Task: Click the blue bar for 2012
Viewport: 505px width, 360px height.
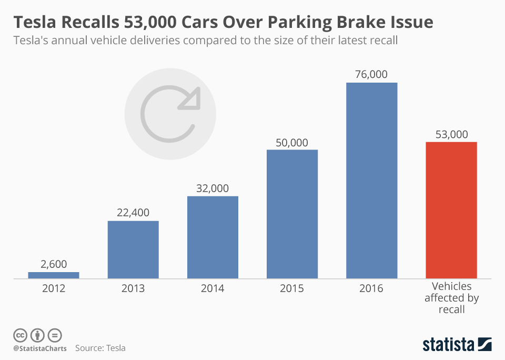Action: [x=54, y=275]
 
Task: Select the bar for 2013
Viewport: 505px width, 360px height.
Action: [x=133, y=249]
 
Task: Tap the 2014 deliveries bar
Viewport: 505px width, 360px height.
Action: [x=213, y=237]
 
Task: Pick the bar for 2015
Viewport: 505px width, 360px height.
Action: [x=292, y=214]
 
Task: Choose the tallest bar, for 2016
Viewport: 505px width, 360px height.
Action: [x=371, y=181]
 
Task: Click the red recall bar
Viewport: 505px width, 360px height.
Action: [x=451, y=210]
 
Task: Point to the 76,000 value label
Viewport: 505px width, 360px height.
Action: [x=371, y=74]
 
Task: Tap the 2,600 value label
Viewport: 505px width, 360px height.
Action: [x=54, y=264]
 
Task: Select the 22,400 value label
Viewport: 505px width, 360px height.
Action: [x=133, y=213]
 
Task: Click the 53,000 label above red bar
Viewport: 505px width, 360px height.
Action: [x=451, y=134]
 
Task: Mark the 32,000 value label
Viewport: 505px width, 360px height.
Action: [x=213, y=188]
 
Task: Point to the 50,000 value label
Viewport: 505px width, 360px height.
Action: [x=292, y=142]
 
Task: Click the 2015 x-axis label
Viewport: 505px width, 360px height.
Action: [x=292, y=288]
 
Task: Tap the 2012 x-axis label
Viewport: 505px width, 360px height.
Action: [x=54, y=288]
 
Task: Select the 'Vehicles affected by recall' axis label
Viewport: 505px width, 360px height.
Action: [x=451, y=298]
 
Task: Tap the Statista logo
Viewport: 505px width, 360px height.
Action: [x=457, y=345]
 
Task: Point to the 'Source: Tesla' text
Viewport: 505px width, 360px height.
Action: [x=100, y=348]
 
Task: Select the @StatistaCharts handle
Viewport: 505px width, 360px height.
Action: [x=40, y=348]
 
